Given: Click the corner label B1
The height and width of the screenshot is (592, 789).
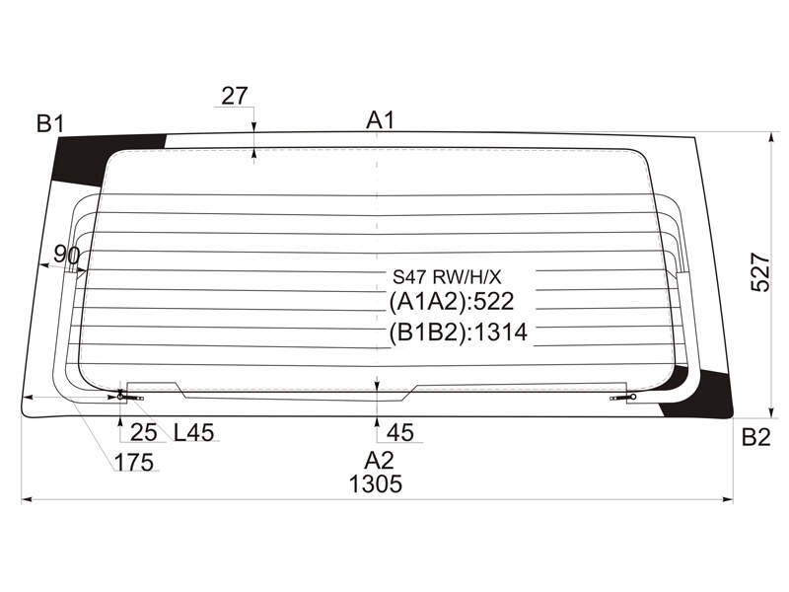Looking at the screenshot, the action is [51, 122].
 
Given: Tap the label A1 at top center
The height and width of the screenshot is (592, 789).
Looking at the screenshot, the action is [381, 120].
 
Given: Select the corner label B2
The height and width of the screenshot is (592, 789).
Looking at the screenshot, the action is [755, 437].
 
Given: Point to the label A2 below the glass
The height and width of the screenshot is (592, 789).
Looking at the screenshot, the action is [380, 460].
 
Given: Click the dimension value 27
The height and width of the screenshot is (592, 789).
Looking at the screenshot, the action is [235, 96].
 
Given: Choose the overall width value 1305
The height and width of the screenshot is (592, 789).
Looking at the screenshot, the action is [376, 484].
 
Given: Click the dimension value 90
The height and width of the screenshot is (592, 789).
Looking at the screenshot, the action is [66, 255].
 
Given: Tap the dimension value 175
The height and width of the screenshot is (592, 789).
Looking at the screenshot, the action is [134, 462].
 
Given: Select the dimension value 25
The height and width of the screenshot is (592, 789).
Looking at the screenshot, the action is [144, 432].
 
